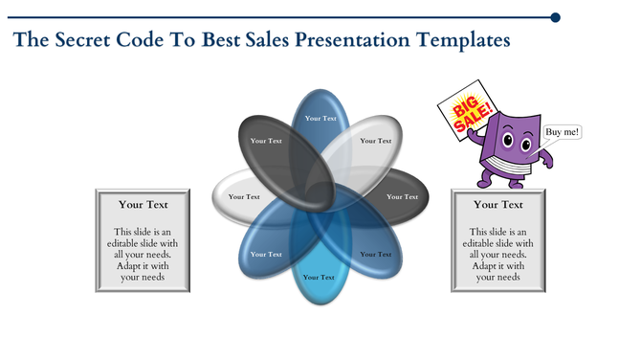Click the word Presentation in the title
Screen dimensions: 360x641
(x=349, y=40)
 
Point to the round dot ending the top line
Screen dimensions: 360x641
(x=556, y=17)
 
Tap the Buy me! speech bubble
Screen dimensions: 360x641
(x=562, y=132)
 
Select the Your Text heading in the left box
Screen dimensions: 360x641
(x=144, y=204)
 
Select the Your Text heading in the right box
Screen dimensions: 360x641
(x=497, y=204)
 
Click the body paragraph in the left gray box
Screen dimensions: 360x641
(x=144, y=254)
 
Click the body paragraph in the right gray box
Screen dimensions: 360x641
(x=497, y=254)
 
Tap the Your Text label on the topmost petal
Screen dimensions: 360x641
(x=320, y=119)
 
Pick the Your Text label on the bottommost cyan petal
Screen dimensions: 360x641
(x=320, y=277)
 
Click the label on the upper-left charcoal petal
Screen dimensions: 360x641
(x=266, y=141)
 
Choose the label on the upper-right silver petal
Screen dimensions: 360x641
(x=375, y=141)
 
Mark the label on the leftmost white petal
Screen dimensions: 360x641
(x=244, y=196)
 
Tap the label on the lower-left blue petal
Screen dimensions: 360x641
(x=266, y=254)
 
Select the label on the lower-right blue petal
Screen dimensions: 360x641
(x=375, y=254)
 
